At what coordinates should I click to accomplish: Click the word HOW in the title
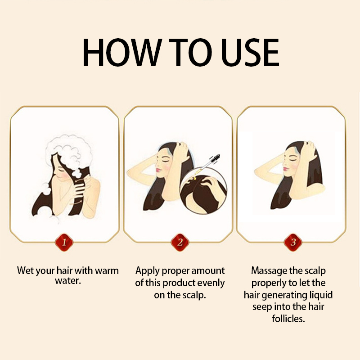pyautogui.click(x=121, y=52)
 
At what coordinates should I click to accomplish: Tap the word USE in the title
pyautogui.click(x=250, y=52)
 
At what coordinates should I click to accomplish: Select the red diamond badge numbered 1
pyautogui.click(x=64, y=242)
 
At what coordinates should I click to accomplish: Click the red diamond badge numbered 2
pyautogui.click(x=180, y=242)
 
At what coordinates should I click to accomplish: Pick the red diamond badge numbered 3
pyautogui.click(x=293, y=242)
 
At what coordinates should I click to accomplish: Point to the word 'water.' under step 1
pyautogui.click(x=68, y=280)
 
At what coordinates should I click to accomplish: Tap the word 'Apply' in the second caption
pyautogui.click(x=147, y=271)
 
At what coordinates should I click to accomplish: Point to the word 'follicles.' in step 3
pyautogui.click(x=288, y=319)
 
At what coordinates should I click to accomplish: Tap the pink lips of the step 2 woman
pyautogui.click(x=157, y=170)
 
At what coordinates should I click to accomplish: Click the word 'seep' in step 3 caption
pyautogui.click(x=262, y=307)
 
